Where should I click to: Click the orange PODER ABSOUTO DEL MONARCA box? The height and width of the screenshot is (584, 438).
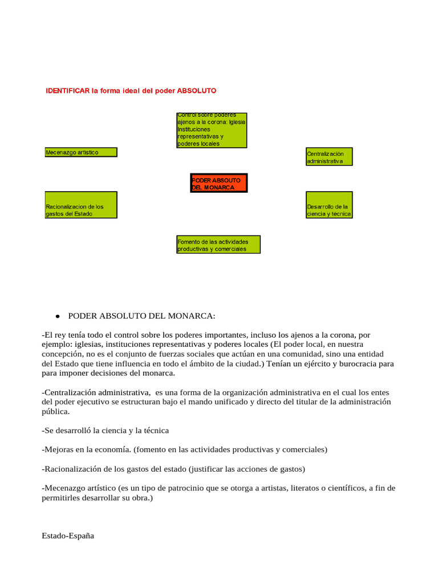pyautogui.click(x=218, y=184)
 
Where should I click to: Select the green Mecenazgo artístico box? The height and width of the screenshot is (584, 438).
pyautogui.click(x=81, y=152)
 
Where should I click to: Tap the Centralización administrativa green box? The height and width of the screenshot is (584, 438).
pyautogui.click(x=329, y=157)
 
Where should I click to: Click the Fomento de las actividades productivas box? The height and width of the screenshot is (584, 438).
pyautogui.click(x=218, y=245)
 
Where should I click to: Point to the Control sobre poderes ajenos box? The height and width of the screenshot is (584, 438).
pyautogui.click(x=212, y=129)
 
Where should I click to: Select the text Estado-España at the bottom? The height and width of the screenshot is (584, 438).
pyautogui.click(x=68, y=536)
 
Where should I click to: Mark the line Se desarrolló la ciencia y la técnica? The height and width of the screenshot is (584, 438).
pyautogui.click(x=106, y=430)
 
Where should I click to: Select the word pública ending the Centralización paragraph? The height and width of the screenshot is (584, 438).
pyautogui.click(x=55, y=411)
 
